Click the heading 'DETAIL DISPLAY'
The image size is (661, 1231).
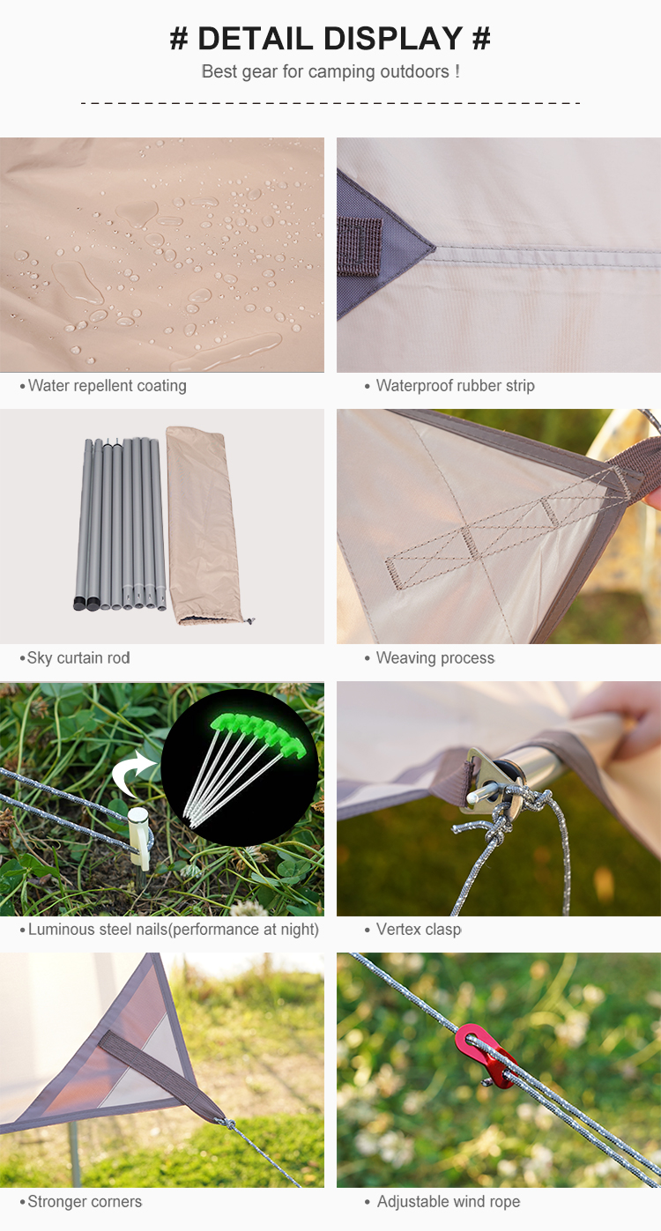click(x=330, y=39)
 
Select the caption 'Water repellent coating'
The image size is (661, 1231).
click(x=108, y=386)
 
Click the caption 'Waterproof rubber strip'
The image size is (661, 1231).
click(x=455, y=386)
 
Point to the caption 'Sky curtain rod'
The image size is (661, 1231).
click(x=78, y=658)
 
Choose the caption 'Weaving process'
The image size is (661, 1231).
click(x=435, y=658)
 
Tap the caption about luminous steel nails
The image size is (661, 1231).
click(x=173, y=930)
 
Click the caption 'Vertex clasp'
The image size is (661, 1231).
click(x=419, y=930)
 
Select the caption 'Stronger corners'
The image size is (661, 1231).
click(x=85, y=1202)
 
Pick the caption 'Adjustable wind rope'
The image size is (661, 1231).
click(x=449, y=1202)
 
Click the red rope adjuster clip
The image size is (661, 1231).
click(x=486, y=1057)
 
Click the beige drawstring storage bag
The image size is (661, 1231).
click(x=204, y=525)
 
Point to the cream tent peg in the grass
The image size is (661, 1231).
click(x=139, y=839)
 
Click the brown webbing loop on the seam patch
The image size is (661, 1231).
click(x=360, y=246)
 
